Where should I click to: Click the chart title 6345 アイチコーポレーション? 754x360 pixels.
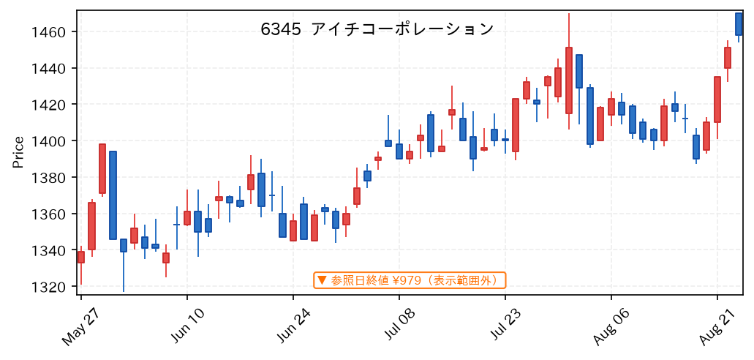coord(377,29)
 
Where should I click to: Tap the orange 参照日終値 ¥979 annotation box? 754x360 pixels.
coord(410,280)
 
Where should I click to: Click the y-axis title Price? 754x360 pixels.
coord(18,153)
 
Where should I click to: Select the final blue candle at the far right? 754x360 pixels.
coord(739,24)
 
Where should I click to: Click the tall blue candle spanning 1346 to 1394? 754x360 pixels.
coord(113,195)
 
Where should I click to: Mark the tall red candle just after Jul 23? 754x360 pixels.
coord(516,125)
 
